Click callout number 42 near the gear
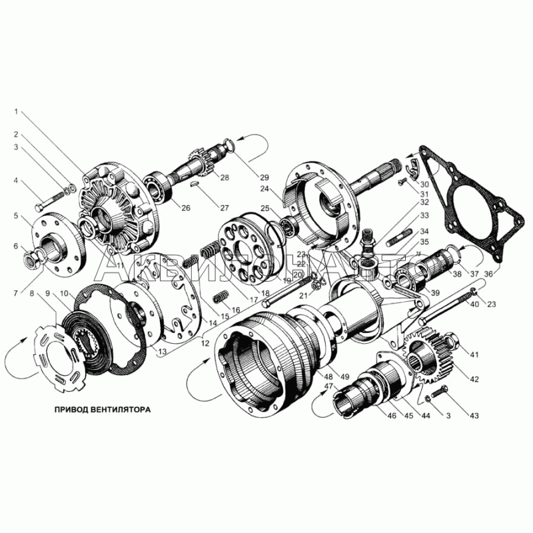point(474,380)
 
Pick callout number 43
point(474,416)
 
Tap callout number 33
point(424,215)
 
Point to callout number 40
point(474,304)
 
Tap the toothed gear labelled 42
point(430,360)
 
